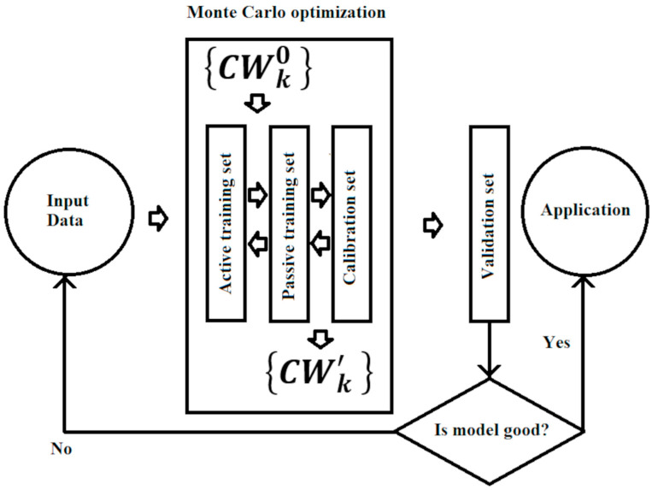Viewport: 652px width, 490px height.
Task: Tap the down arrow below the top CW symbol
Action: click(x=256, y=105)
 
